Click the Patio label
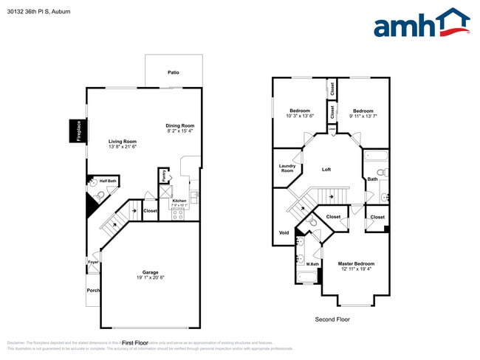click(174, 72)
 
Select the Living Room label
click(123, 141)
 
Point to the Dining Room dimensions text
click(179, 131)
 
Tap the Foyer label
click(93, 262)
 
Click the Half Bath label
click(108, 181)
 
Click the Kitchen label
click(179, 201)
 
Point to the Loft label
click(326, 170)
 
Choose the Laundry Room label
click(287, 168)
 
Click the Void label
click(284, 232)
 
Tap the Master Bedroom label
click(356, 263)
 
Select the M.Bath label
click(312, 263)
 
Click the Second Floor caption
click(332, 319)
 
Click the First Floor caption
click(135, 343)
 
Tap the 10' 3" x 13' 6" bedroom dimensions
click(300, 116)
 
